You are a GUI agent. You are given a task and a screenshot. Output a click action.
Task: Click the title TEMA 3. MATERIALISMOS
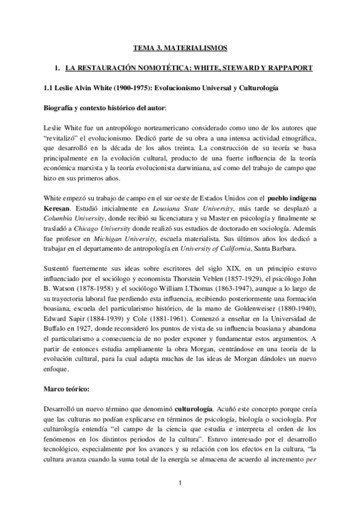[x=180, y=46]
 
